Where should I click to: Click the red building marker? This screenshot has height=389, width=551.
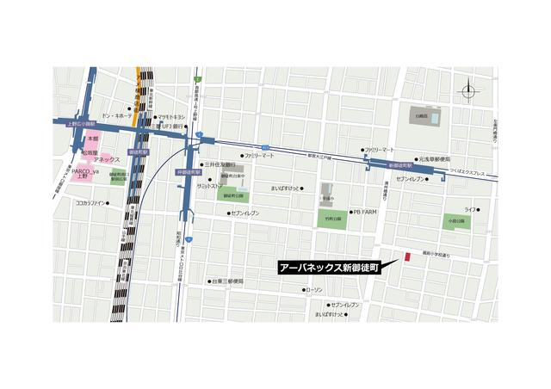[x=408, y=256]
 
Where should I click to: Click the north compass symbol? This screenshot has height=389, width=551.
[x=467, y=90]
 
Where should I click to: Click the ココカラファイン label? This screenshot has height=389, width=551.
[x=90, y=203]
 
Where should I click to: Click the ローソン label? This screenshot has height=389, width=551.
[x=313, y=290]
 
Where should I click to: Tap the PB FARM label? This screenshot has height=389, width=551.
[x=363, y=212]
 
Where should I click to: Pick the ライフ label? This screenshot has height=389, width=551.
[x=470, y=210]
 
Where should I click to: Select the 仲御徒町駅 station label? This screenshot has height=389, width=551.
[x=188, y=172]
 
